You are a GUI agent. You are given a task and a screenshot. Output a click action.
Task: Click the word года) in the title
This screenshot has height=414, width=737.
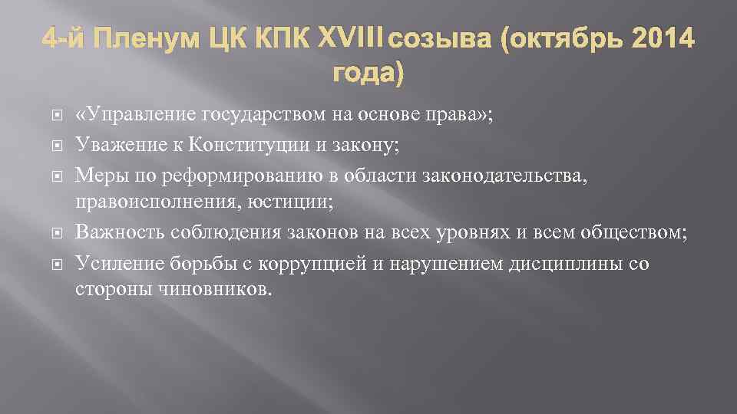click(367, 73)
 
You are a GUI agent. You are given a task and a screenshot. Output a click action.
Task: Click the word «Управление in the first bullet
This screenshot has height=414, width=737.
click(136, 115)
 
